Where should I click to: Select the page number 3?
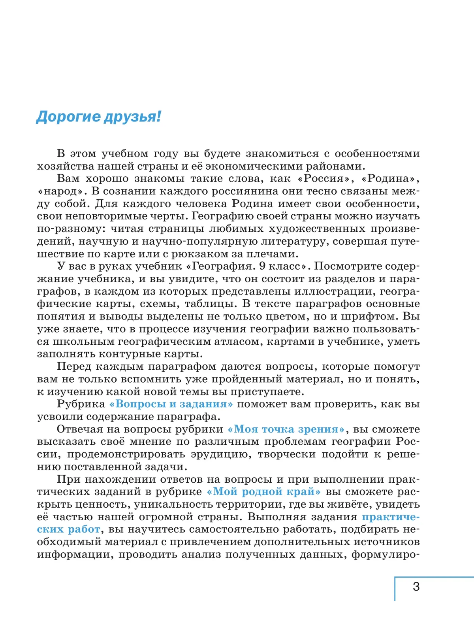point(416,586)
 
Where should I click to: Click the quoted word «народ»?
point(62,191)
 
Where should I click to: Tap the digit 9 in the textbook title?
point(263,266)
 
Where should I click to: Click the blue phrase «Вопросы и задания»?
point(171,404)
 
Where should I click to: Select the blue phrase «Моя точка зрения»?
point(287,429)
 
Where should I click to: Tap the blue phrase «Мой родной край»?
point(264,492)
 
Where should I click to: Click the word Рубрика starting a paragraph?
point(81,404)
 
